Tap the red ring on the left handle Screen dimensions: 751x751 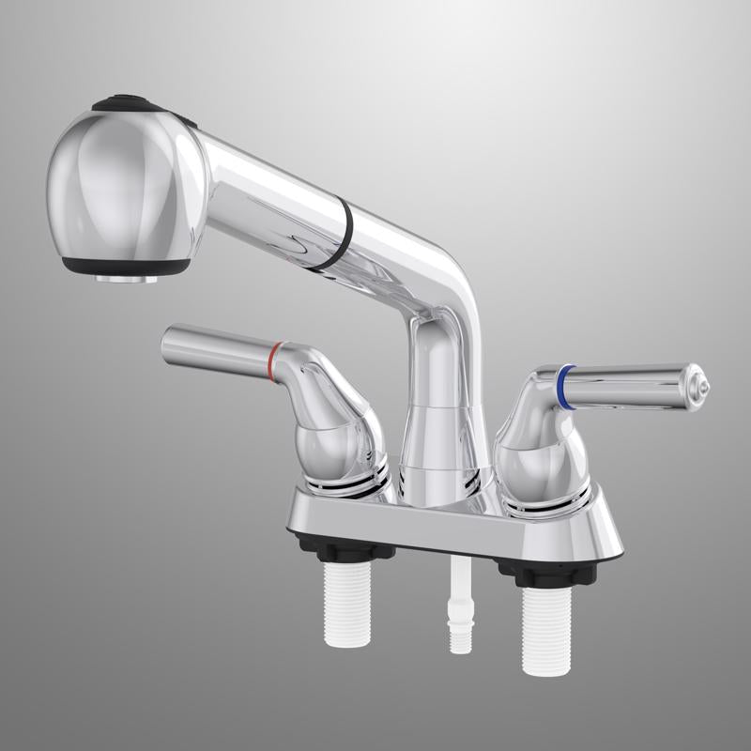tap(273, 364)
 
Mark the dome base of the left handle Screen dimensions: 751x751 tap(343, 451)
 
